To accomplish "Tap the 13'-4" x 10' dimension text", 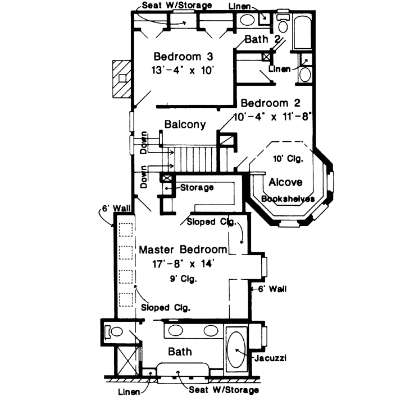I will [x=183, y=71].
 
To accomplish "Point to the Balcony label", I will [x=185, y=124].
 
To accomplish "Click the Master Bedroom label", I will [x=183, y=249].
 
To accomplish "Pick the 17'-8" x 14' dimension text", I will [x=184, y=262].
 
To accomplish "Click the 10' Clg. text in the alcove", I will [x=288, y=159].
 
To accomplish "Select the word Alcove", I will [x=285, y=182].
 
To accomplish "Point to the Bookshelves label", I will [x=288, y=198].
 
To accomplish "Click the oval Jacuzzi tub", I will [x=236, y=350].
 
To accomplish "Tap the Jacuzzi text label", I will [x=269, y=357].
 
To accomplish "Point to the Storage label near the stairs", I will [x=197, y=187].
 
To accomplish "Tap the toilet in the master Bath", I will [x=115, y=331].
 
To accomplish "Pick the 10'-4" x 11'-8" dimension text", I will [x=272, y=118].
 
